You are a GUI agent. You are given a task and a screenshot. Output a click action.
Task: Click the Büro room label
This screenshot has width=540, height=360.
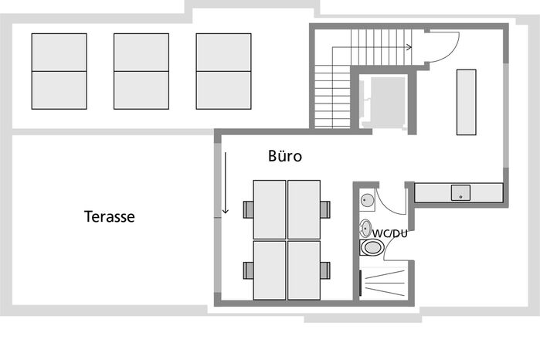(285, 156)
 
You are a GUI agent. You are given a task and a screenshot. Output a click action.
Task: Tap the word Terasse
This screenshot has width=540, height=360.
(110, 216)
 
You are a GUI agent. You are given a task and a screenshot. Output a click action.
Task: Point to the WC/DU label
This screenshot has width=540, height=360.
(390, 233)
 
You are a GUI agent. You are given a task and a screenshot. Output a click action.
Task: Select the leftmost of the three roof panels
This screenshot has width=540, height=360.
(59, 71)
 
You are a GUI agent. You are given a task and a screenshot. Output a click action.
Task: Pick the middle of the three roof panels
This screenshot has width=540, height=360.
(141, 71)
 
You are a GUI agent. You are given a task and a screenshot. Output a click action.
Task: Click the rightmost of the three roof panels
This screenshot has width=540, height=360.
(223, 71)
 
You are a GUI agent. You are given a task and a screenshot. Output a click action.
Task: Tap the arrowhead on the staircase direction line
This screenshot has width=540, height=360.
(409, 47)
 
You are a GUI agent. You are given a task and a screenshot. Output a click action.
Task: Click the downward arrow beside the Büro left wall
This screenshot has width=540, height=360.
(226, 183)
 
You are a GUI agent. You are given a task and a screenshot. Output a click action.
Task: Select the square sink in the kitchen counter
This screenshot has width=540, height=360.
(460, 193)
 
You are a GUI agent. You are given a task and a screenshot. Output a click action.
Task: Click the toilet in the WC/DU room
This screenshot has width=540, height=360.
(372, 248)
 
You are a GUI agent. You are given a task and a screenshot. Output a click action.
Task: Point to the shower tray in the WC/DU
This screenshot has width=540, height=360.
(384, 283)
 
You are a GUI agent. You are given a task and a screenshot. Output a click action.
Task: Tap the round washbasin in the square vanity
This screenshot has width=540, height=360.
(367, 199)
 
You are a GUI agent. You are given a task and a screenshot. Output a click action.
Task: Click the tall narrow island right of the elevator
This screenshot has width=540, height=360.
(467, 102)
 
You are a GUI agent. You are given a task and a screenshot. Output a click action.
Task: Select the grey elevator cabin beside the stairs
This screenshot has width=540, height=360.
(388, 102)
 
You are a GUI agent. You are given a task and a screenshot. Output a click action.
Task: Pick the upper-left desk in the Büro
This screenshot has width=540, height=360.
(270, 209)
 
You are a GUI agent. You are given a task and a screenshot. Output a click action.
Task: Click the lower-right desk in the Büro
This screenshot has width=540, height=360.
(304, 270)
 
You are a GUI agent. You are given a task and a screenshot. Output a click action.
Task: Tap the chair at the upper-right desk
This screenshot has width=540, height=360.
(325, 209)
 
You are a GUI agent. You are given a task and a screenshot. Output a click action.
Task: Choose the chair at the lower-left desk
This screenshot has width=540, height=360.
(248, 270)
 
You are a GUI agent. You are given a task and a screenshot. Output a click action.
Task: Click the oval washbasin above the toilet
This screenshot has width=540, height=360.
(365, 228)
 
